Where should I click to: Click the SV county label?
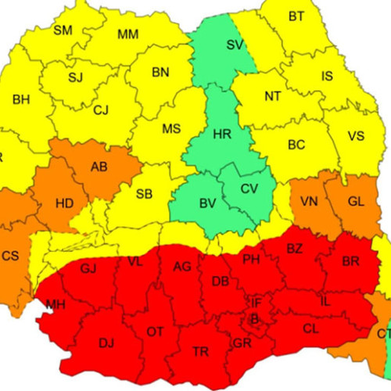pyautogui.click(x=234, y=45)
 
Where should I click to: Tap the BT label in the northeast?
pyautogui.click(x=296, y=16)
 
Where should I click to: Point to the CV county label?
pyautogui.click(x=249, y=188)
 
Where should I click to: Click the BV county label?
pyautogui.click(x=207, y=204)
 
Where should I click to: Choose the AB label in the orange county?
pyautogui.click(x=99, y=167)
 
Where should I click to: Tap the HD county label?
pyautogui.click(x=65, y=204)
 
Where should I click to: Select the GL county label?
pyautogui.click(x=356, y=201)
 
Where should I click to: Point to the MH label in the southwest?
pyautogui.click(x=56, y=304)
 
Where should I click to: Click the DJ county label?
pyautogui.click(x=106, y=342)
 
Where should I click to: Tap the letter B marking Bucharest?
pyautogui.click(x=253, y=318)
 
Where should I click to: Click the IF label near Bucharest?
pyautogui.click(x=256, y=302)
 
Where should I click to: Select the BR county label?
pyautogui.click(x=351, y=262)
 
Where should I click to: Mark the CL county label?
pyautogui.click(x=310, y=329)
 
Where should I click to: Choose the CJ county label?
pyautogui.click(x=101, y=110)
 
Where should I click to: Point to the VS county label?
pyautogui.click(x=356, y=135)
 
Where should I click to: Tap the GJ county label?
pyautogui.click(x=88, y=269)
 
